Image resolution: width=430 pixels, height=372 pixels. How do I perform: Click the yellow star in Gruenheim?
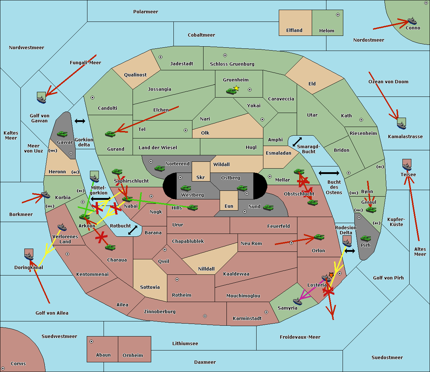(x=236, y=88)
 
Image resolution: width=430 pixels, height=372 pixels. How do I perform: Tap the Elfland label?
(x=294, y=30)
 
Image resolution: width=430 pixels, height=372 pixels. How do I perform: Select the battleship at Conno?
(x=412, y=21)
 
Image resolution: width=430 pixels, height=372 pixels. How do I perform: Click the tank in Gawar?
(x=62, y=134)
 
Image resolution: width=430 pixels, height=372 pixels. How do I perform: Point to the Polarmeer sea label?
(x=145, y=12)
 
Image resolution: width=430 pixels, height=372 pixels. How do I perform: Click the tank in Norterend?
(x=159, y=168)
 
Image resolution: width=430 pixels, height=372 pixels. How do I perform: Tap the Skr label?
(x=201, y=177)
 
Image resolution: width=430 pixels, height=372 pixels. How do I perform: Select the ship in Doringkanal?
(x=29, y=256)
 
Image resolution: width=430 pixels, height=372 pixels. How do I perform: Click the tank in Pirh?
(x=365, y=239)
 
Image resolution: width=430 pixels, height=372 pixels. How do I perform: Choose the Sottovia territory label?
(x=150, y=287)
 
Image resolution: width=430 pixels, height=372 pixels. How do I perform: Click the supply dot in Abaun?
(x=91, y=342)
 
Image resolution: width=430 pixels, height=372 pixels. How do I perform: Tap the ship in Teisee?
(x=407, y=166)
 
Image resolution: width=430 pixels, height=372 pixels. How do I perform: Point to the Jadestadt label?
(x=181, y=64)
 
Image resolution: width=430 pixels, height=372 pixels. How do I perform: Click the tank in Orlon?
(x=319, y=237)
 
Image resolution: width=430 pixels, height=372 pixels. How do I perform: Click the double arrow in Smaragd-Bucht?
(x=297, y=142)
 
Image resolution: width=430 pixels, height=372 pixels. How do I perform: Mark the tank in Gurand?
(x=110, y=134)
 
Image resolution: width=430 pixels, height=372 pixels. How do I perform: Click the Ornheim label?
(x=133, y=355)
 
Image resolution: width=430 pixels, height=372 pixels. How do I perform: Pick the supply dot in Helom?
(x=338, y=15)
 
